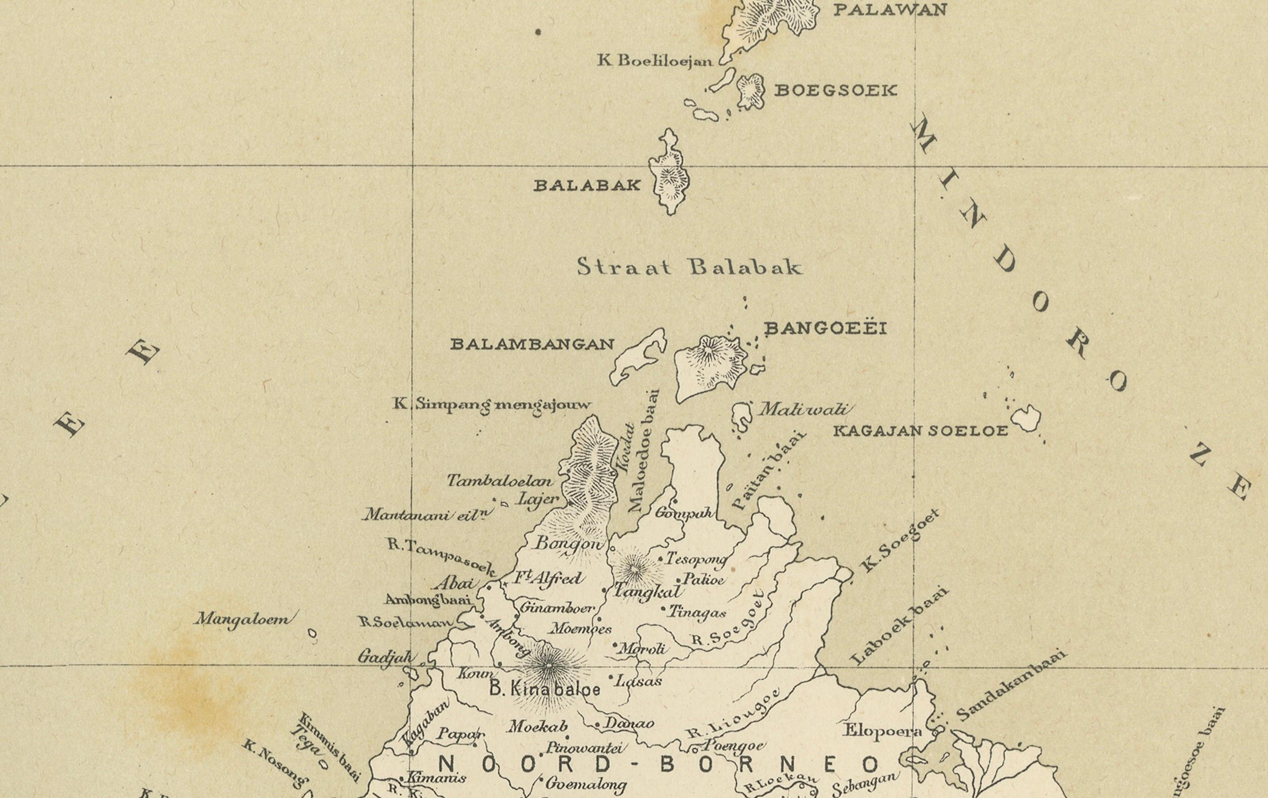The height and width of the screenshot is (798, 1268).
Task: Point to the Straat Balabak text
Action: click(689, 267)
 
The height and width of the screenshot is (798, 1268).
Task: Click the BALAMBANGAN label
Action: click(532, 345)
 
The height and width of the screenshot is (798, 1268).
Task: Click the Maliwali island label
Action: click(803, 409)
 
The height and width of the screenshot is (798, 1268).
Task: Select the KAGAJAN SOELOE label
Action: click(920, 431)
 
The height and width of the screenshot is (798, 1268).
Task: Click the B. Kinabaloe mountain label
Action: click(545, 689)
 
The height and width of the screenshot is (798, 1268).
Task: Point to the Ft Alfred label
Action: click(548, 578)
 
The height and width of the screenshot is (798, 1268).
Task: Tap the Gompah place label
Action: click(684, 512)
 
